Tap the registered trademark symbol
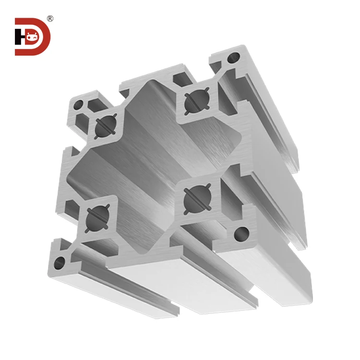pyautogui.click(x=50, y=19)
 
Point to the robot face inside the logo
pyautogui.click(x=33, y=36)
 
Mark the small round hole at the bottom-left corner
pyautogui.click(x=60, y=262)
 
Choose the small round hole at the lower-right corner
pyautogui.click(x=240, y=234)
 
